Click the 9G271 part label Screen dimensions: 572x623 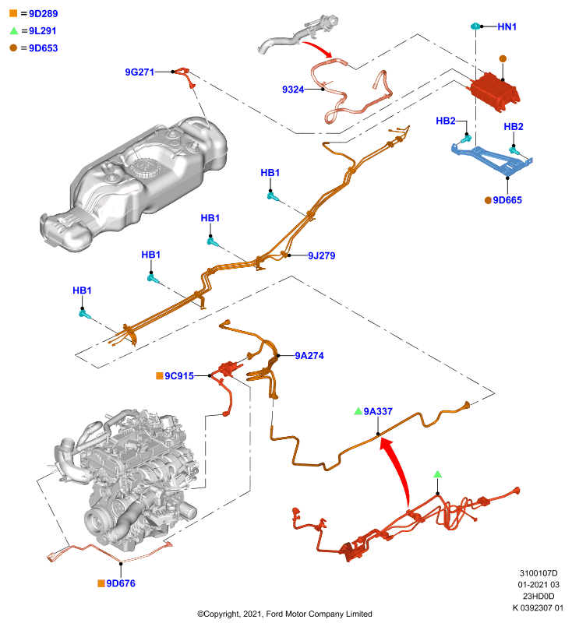(x=139, y=72)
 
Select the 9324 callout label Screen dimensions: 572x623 (x=293, y=90)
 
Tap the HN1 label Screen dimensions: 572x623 (x=507, y=26)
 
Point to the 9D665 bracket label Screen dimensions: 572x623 (x=507, y=200)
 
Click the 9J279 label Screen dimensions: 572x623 (x=322, y=255)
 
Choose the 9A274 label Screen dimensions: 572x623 (x=309, y=356)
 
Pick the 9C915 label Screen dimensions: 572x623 (x=179, y=376)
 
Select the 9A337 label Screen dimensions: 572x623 (x=378, y=411)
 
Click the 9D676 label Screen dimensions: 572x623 (x=121, y=583)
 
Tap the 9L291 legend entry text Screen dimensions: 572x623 (x=43, y=30)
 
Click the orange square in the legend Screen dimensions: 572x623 (x=13, y=13)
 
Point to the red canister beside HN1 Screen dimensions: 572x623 (x=495, y=92)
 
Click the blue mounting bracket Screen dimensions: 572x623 (x=493, y=158)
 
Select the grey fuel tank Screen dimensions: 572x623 (x=133, y=183)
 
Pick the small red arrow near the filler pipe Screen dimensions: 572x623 (x=318, y=48)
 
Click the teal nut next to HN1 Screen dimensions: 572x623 (x=475, y=26)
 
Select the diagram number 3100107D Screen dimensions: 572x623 (x=538, y=573)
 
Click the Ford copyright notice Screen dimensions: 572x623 (x=284, y=614)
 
